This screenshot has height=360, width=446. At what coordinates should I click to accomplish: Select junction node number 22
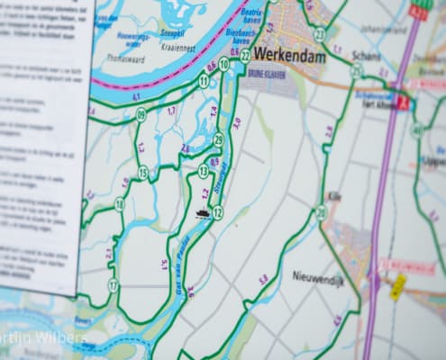point(246,56)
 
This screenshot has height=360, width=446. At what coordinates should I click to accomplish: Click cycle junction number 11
point(204,81)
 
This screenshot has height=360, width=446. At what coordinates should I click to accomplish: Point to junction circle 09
point(141,114)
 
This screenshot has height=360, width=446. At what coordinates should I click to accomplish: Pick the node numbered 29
point(218,139)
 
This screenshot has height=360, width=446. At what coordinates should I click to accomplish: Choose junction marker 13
point(204,170)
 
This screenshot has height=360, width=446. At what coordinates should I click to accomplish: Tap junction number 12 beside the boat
point(217,211)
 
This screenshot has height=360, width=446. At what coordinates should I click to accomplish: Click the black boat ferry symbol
point(202,214)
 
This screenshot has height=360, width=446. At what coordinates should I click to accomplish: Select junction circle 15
point(143,172)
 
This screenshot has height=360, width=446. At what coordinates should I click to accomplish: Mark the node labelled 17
point(114,285)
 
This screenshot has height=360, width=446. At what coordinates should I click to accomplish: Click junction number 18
point(119,204)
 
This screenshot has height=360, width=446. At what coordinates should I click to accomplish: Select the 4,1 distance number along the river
point(136,95)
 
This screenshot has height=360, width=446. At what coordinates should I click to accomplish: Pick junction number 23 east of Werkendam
point(319,34)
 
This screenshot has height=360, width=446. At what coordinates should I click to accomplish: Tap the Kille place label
point(334,195)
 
